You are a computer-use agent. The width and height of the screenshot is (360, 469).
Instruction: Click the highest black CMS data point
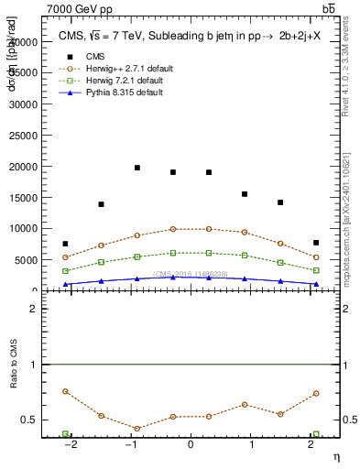tap(136, 168)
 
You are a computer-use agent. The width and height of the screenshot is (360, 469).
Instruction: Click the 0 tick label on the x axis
tap(191, 446)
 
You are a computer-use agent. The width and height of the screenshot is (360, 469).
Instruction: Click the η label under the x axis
tap(334, 457)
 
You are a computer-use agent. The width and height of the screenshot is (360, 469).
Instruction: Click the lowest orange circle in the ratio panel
tap(136, 429)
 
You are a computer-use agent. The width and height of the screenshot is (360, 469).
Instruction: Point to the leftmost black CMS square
tap(65, 244)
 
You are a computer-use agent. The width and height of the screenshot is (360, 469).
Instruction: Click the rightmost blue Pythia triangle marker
tap(316, 284)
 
